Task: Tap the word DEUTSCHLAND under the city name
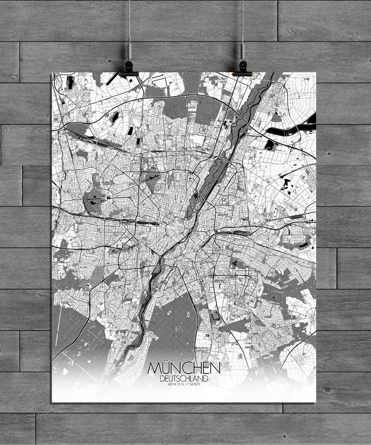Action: click(x=184, y=379)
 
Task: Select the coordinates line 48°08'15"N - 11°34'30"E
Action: click(x=184, y=384)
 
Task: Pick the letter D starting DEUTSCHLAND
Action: click(x=162, y=379)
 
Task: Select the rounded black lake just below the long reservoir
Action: click(x=270, y=145)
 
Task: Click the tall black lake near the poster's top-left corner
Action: click(x=70, y=82)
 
